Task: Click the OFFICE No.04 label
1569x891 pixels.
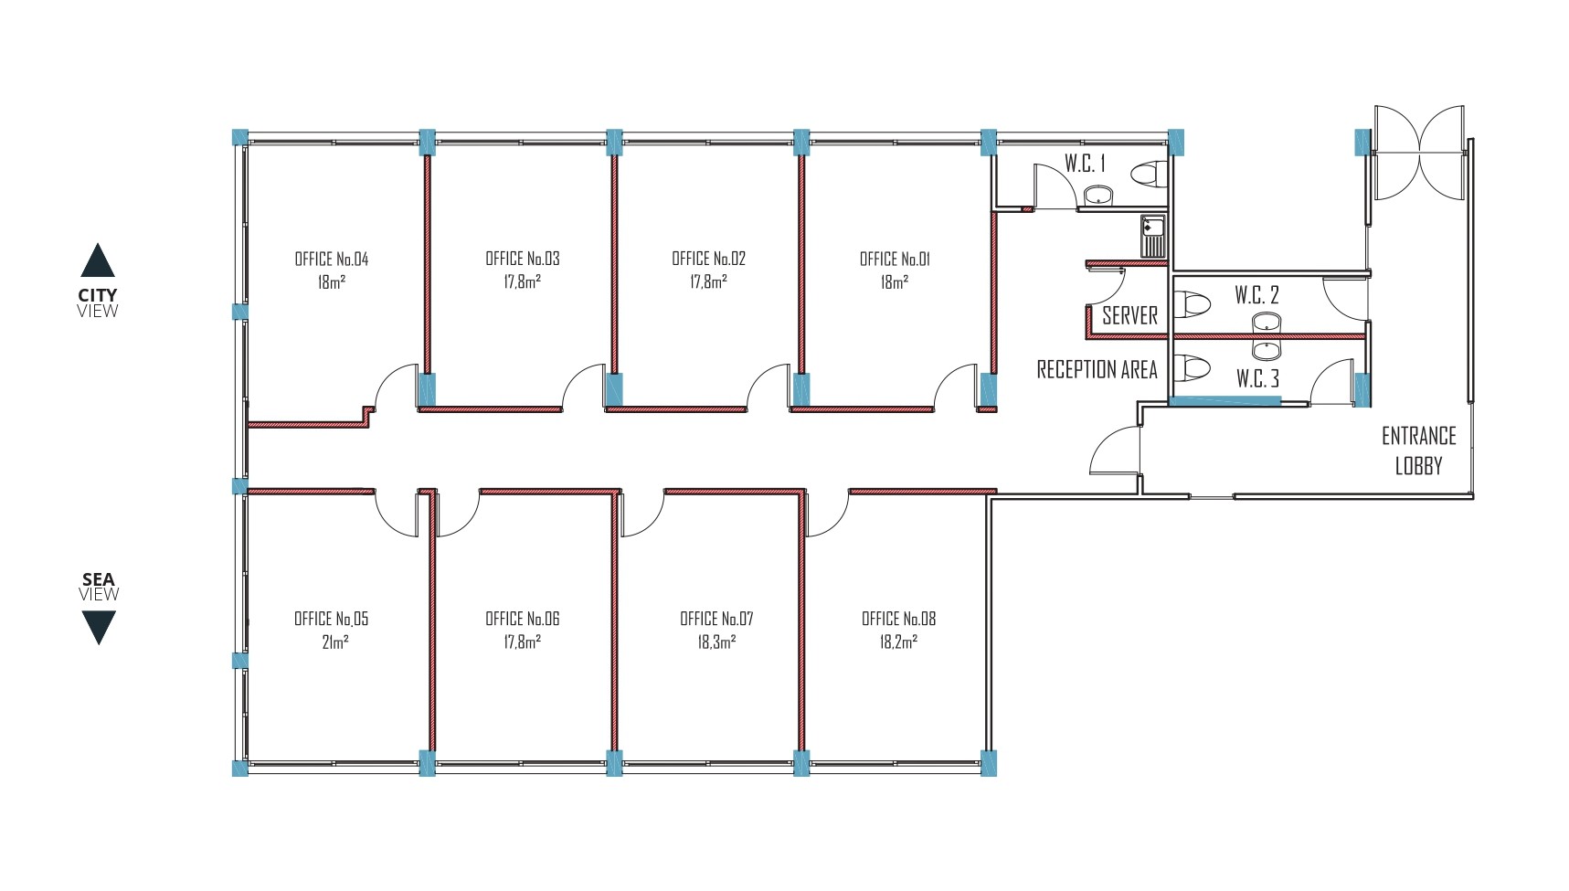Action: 331,259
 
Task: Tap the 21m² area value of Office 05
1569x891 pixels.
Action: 334,642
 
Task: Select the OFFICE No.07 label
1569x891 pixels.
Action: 716,619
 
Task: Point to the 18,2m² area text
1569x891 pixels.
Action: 898,642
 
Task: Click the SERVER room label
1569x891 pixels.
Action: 1129,315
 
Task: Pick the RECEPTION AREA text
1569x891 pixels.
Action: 1097,369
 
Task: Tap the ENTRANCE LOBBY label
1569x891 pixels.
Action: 1418,451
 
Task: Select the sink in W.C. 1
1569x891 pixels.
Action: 1098,196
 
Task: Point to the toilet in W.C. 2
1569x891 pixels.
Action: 1193,303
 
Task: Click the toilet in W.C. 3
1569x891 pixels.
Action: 1193,368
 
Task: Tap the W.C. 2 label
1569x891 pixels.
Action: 1256,294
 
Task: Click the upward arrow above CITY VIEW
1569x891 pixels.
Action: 98,260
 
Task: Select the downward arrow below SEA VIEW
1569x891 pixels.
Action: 99,628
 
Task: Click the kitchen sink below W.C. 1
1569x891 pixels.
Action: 1153,236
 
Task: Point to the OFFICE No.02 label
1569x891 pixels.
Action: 708,259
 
